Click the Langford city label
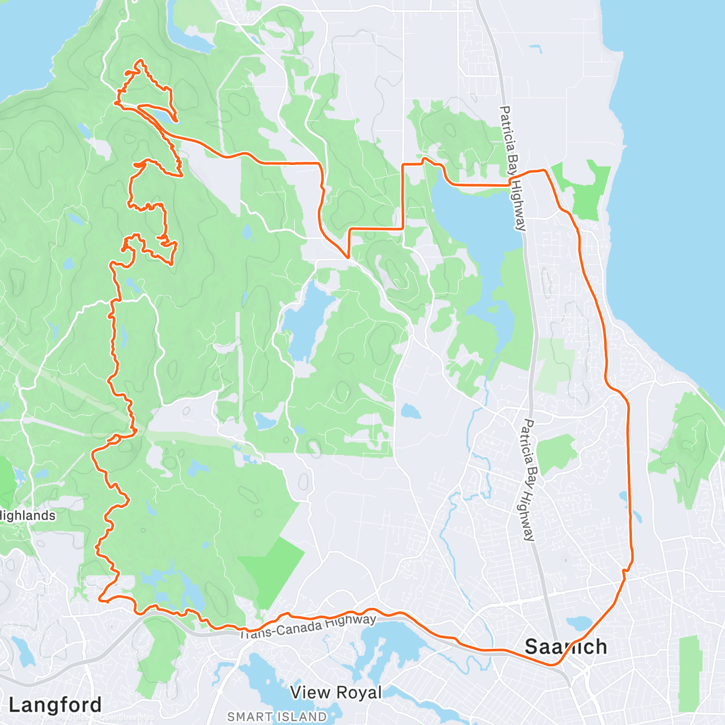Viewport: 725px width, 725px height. [x=55, y=705]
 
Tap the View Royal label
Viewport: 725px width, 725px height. [x=336, y=692]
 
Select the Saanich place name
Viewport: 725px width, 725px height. [x=565, y=647]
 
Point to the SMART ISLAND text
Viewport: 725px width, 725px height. [x=277, y=717]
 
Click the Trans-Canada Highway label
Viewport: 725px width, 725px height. [x=308, y=626]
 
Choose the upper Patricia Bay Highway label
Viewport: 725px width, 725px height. [x=513, y=169]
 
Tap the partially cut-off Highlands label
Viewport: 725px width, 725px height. [x=28, y=516]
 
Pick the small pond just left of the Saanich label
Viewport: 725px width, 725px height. [x=578, y=622]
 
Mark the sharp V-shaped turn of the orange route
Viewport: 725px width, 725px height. [x=348, y=257]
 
